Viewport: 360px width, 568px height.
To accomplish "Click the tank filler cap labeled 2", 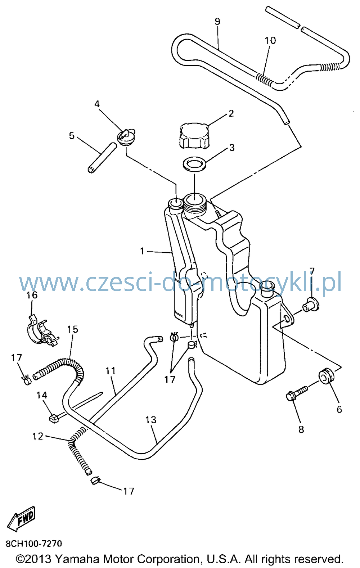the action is tap(194, 136).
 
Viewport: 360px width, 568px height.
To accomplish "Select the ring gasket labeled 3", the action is tap(194, 164).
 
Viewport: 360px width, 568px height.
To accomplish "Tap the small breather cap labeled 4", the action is tap(126, 137).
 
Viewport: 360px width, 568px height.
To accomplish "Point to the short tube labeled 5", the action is tap(102, 158).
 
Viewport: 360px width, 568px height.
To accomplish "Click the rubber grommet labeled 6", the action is tap(326, 376).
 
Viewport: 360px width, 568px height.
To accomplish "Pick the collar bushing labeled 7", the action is tap(311, 305).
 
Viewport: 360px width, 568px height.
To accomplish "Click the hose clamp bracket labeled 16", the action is tap(42, 332).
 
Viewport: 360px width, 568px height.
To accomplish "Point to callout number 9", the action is tap(217, 22).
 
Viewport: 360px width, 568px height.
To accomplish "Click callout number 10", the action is tap(270, 40).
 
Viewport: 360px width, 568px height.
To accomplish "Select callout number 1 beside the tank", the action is tap(142, 251).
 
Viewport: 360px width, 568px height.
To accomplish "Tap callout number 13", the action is tap(151, 420).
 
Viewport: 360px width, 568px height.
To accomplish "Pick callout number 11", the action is tap(111, 371).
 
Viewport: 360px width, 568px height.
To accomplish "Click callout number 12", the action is tap(38, 436).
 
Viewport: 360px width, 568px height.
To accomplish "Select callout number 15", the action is tap(73, 329).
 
